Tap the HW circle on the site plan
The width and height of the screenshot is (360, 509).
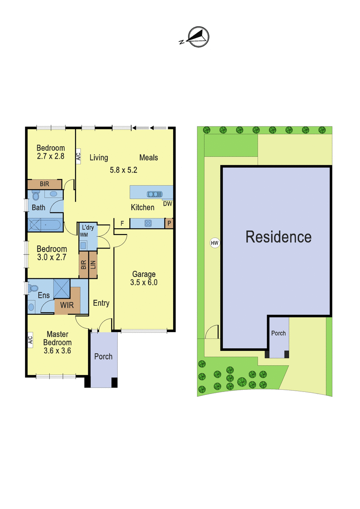click(x=214, y=243)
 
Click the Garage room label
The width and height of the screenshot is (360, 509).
click(x=144, y=274)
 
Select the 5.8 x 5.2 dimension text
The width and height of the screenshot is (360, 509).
click(x=124, y=170)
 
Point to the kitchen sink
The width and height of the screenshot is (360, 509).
click(x=155, y=194)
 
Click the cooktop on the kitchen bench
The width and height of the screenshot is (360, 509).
click(x=148, y=223)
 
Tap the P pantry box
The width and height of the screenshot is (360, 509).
click(x=169, y=223)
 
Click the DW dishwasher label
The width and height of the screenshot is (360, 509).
click(x=168, y=204)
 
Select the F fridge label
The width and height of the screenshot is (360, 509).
click(x=122, y=224)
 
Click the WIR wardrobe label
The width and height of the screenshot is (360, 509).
click(x=67, y=305)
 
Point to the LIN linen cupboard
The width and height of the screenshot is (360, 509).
click(x=93, y=265)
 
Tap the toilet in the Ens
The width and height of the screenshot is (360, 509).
click(x=33, y=288)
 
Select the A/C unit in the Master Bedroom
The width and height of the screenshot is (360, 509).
click(x=31, y=340)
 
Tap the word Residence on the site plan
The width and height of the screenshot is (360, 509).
click(x=278, y=237)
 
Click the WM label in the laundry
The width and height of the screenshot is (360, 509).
click(x=84, y=235)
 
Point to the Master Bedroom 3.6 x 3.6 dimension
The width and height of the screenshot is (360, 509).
click(x=57, y=350)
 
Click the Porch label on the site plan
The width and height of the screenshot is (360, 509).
click(x=278, y=333)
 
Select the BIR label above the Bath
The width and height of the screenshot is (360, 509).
click(x=44, y=184)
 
